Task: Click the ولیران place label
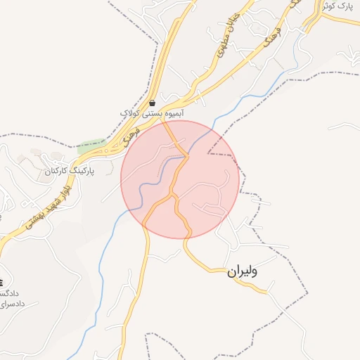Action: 242,271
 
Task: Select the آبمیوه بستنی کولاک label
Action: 152,113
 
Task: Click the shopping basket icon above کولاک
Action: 153,103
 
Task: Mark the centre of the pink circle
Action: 180,179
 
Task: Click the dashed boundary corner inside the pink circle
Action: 208,153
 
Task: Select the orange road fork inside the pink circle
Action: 173,197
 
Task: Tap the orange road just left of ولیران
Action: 211,269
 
